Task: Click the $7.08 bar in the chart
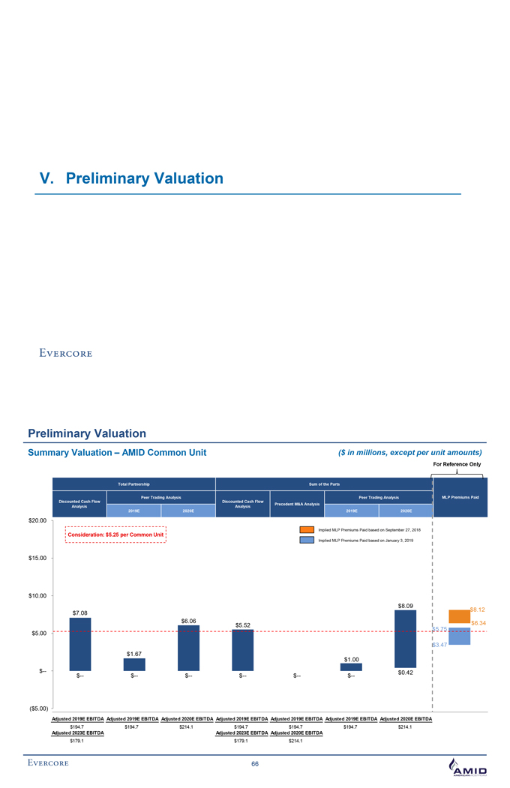[80, 644]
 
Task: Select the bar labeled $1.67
[134, 664]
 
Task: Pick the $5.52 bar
[243, 650]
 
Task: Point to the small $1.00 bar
[351, 667]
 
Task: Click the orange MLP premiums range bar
[459, 616]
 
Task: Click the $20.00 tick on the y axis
[37, 520]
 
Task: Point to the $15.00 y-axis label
[37, 559]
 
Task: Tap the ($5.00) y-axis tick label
[37, 709]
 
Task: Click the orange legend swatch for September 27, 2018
[307, 530]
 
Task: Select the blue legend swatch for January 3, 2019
[307, 541]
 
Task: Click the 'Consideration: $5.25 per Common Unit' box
[115, 535]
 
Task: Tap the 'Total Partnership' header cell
[133, 484]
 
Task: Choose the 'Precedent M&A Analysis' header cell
[297, 504]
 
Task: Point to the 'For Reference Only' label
[457, 464]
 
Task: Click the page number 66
[255, 764]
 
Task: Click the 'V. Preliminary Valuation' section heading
[131, 178]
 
